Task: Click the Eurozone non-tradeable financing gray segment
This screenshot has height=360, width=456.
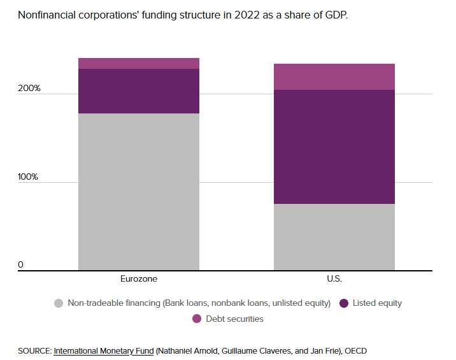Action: coord(138,191)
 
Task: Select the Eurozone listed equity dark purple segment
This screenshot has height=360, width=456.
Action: coord(138,91)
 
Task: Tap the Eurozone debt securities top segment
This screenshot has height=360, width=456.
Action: coord(138,63)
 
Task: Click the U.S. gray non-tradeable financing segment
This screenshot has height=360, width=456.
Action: coord(334,237)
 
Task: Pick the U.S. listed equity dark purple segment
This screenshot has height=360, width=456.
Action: coord(334,147)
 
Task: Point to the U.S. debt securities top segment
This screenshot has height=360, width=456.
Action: coord(334,76)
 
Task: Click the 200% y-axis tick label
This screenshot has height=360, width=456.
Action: coord(29,88)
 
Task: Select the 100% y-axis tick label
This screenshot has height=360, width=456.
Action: coord(29,176)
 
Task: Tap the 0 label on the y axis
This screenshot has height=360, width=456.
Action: coord(20,264)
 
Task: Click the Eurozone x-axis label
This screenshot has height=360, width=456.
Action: coord(138,278)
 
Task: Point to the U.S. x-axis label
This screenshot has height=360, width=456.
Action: coord(334,278)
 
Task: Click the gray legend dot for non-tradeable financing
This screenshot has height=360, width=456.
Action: coord(59,303)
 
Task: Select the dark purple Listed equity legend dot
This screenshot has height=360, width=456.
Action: coord(344,303)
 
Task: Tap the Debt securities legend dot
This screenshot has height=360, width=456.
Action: coord(196,319)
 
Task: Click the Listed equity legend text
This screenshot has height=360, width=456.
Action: coord(377,303)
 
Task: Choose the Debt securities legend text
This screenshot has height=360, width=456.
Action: coord(234,319)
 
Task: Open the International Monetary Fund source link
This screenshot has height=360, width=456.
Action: coord(104,351)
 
